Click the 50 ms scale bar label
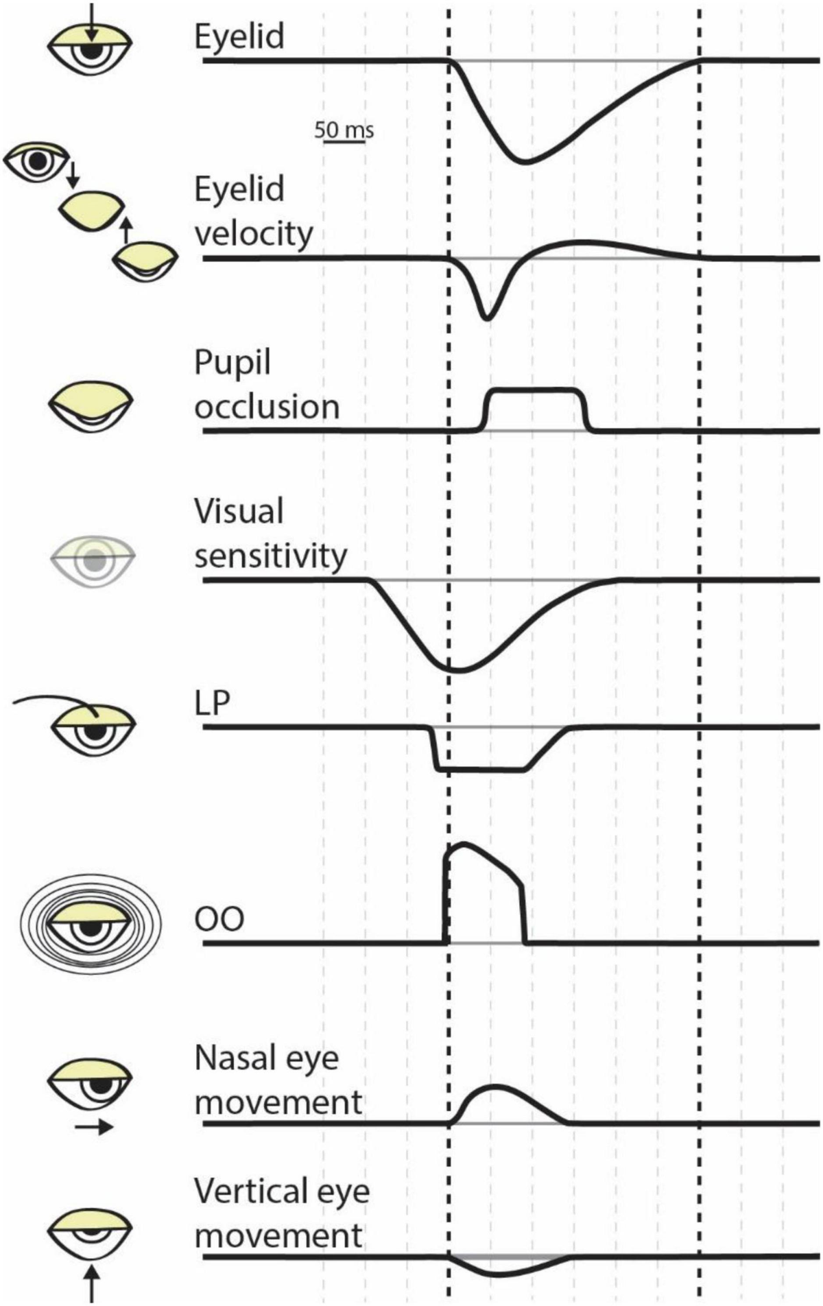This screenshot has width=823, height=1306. click(344, 129)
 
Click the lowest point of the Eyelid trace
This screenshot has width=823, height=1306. click(525, 162)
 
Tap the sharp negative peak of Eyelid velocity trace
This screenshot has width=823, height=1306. click(486, 318)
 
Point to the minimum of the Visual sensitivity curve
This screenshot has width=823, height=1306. click(456, 669)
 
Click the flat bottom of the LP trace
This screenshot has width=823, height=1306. click(480, 770)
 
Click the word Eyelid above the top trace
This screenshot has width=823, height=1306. click(239, 36)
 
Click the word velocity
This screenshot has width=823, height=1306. click(254, 234)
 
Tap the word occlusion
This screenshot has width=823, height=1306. click(267, 407)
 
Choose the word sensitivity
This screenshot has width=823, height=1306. click(270, 556)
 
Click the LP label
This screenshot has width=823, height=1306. click(212, 703)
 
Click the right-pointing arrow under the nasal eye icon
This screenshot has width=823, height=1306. click(94, 1127)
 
